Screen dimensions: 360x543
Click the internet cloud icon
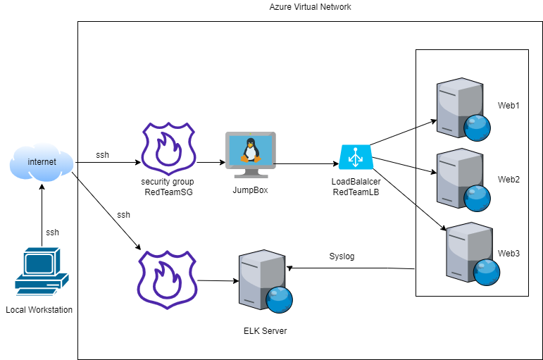tap(42, 163)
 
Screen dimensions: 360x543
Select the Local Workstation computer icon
tap(42, 271)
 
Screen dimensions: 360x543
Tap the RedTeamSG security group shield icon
tap(168, 149)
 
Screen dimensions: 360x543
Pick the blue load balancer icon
tap(355, 157)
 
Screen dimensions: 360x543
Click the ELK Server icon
tap(264, 280)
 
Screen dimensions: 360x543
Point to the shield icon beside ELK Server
tap(168, 278)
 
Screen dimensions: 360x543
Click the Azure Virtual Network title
tap(310, 7)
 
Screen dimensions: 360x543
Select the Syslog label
tap(342, 256)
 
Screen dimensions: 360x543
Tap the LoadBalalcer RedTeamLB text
tap(356, 187)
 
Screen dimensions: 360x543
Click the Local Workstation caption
tap(39, 310)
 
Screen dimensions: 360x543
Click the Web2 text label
tap(508, 180)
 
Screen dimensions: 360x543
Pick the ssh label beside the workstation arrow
tap(53, 232)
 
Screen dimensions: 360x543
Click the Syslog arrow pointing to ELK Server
tap(352, 268)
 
